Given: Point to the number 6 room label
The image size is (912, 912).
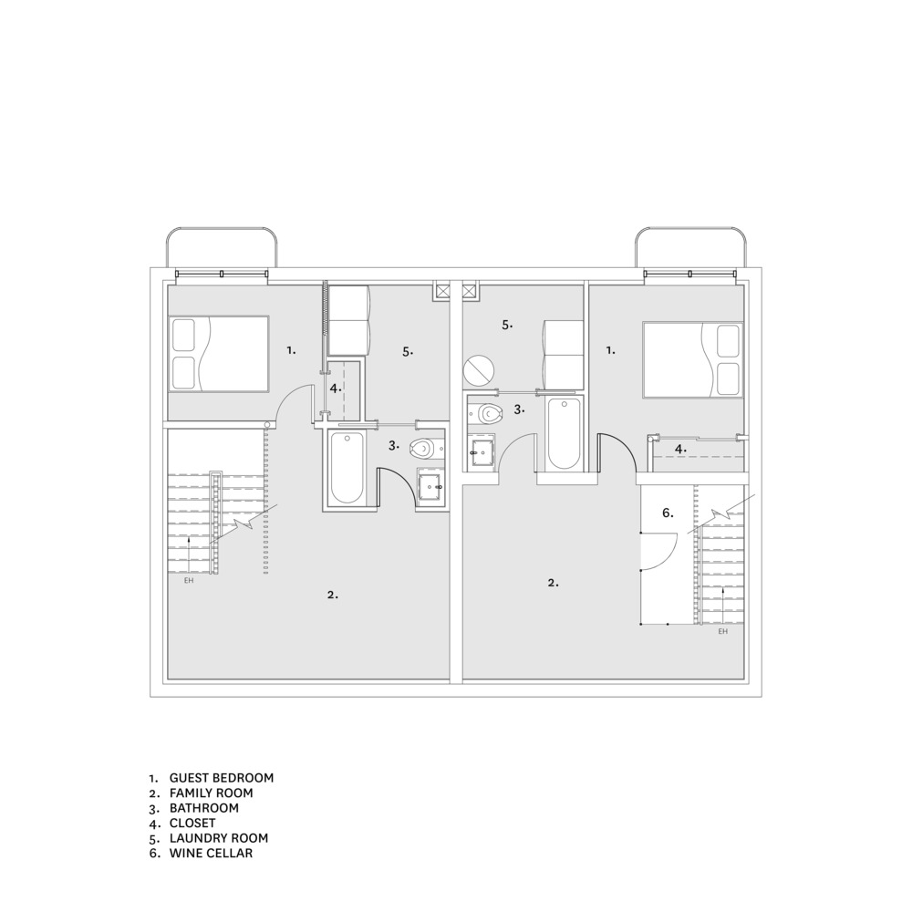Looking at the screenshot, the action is point(668,513).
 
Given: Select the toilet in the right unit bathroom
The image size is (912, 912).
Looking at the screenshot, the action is point(486,413).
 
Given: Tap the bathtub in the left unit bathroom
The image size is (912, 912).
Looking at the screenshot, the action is point(347,467).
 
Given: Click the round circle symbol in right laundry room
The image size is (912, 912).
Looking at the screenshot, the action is point(479,370).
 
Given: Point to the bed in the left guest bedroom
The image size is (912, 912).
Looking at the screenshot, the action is point(219,354).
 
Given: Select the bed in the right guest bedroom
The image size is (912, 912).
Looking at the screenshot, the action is point(693,360).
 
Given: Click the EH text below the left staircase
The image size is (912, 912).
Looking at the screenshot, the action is point(189,580).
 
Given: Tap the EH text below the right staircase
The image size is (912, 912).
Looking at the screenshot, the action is point(723,631).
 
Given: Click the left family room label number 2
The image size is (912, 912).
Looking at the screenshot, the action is point(333,595).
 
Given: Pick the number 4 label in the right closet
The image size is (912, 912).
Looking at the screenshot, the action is point(680,449).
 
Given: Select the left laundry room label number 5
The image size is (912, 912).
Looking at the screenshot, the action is point(408,351).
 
